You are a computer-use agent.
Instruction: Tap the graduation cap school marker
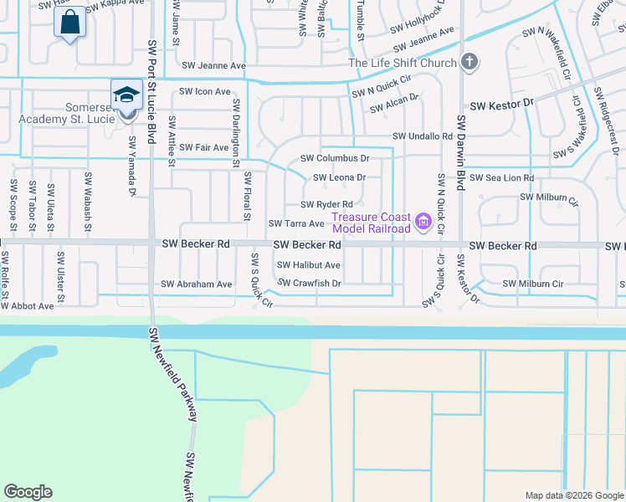[x=126, y=95]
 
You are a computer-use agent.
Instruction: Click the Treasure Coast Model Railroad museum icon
[x=423, y=222]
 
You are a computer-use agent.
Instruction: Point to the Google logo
[x=28, y=492]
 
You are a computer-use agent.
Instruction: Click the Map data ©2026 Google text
[x=573, y=495]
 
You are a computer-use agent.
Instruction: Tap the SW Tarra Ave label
[x=295, y=224]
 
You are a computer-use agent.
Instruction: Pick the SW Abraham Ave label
[x=197, y=284]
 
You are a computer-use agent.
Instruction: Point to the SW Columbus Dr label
[x=335, y=158]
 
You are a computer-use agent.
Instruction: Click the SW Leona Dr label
[x=339, y=177]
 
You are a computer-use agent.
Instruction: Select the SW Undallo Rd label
[x=423, y=136]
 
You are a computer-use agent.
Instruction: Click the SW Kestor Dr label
[x=501, y=105]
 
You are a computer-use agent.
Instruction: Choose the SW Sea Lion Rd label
[x=501, y=178]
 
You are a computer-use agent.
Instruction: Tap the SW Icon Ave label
[x=205, y=92]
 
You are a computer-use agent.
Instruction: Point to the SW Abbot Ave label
[x=27, y=306]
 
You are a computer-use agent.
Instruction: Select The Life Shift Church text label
[x=403, y=63]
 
